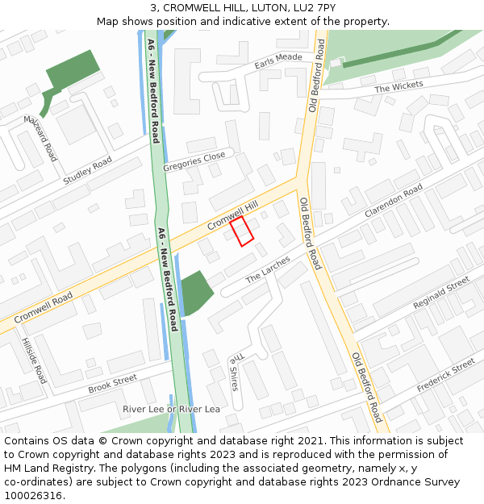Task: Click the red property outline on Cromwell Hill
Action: (242, 231)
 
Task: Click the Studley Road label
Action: (87, 171)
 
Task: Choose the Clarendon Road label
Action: (394, 201)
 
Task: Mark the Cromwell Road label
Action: (42, 307)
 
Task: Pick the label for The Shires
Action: (234, 372)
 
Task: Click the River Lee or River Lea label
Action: (171, 410)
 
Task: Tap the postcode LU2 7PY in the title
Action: (315, 7)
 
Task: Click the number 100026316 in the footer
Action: (32, 495)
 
